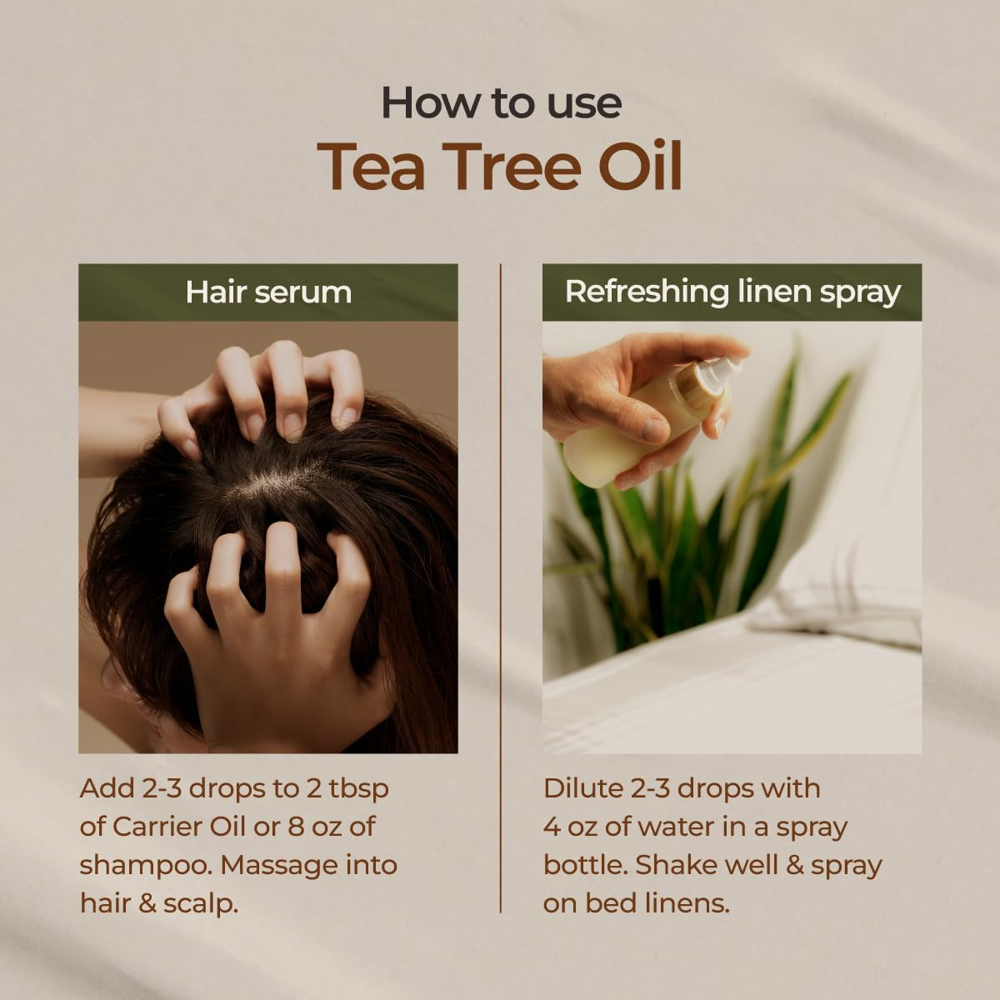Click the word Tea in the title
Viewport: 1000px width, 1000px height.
(371, 166)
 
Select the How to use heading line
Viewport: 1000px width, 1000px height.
(502, 102)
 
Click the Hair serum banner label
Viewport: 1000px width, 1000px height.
(268, 292)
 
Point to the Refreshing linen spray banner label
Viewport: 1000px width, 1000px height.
(732, 292)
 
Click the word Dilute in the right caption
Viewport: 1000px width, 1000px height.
(582, 788)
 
